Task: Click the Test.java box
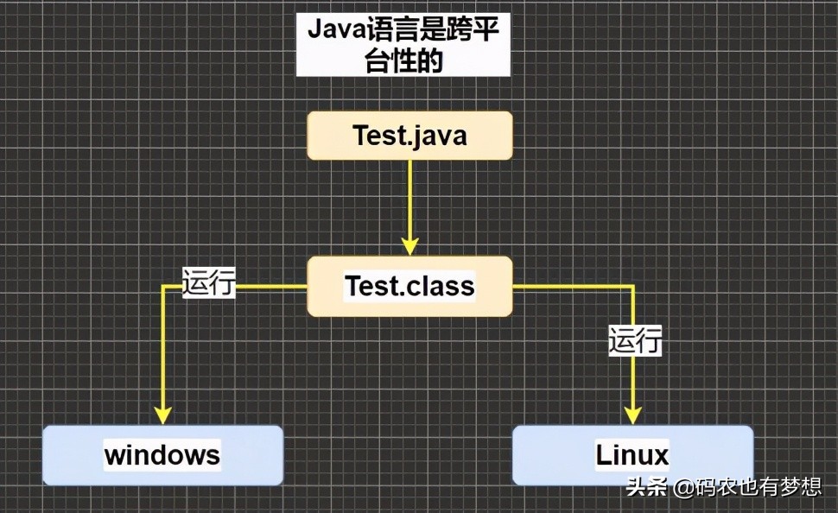[x=409, y=136]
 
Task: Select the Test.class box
[x=409, y=286]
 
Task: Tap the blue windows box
[x=162, y=454]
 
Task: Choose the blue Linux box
[x=632, y=454]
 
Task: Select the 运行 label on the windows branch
[x=209, y=282]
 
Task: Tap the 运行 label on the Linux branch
[x=635, y=339]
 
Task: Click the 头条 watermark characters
[x=646, y=488]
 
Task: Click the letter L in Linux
[x=603, y=455]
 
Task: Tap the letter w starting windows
[x=115, y=455]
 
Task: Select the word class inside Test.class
[x=441, y=286]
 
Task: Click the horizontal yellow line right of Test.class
[x=570, y=286]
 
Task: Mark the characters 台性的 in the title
[x=403, y=61]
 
